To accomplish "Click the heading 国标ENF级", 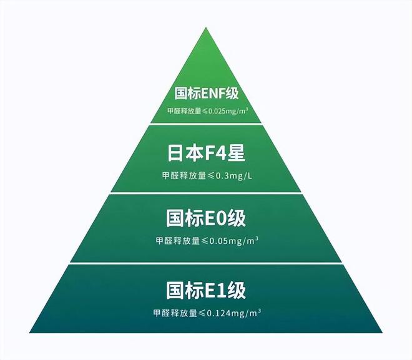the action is pos(207,93).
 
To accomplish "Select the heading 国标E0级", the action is pos(206,218).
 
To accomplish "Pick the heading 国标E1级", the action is pos(206,290).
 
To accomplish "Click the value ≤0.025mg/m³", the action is pos(225,111).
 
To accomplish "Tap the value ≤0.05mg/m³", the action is pos(230,241).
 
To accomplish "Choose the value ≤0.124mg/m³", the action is pos(230,313).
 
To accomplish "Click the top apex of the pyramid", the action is pos(206,27).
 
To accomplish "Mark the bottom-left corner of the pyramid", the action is pos(29,333).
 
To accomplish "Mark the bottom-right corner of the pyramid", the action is pos(383,333).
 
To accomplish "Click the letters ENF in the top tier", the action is pos(213,94).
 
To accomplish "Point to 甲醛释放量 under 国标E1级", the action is pos(175,313).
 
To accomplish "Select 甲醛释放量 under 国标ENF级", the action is pos(184,111).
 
